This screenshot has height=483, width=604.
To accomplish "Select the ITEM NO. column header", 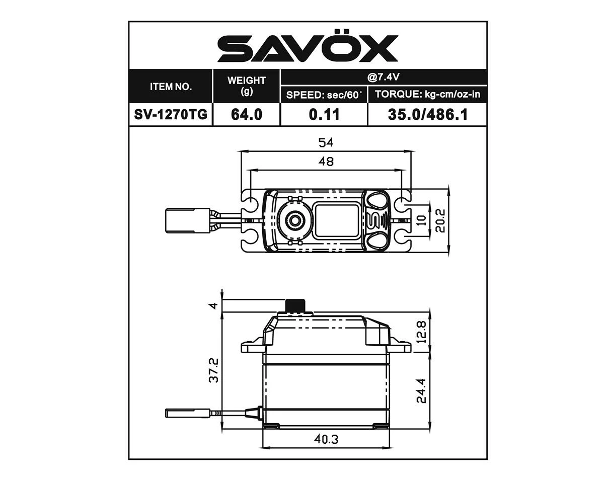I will point(171,87).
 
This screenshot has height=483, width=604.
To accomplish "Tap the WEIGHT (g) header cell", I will point(247,86).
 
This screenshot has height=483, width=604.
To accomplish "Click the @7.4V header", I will point(384,77).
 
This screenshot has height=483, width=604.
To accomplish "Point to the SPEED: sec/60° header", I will point(324,95).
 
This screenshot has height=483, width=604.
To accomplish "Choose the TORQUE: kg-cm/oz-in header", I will point(428,95).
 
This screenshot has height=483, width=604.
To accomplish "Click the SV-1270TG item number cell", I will point(171,115).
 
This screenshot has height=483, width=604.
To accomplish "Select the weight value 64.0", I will point(247,115).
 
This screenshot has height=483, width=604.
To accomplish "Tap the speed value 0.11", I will point(324,115).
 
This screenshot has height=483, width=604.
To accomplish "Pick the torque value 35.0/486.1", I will point(428,115).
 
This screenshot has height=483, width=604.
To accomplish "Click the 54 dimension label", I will point(326,143).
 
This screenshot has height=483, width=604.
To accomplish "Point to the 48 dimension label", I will point(326,162).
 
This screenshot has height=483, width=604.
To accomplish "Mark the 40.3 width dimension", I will point(326,439).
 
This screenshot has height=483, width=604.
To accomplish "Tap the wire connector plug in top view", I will point(179,220).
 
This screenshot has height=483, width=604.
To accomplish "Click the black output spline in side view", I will point(296,305).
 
